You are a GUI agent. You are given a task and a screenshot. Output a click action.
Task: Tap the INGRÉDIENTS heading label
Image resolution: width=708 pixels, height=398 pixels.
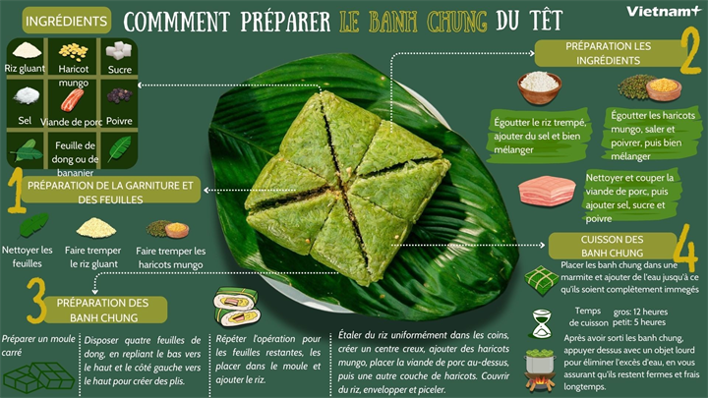point(67,21)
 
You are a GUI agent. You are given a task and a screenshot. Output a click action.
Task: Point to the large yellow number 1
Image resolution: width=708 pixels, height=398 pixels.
point(15,191)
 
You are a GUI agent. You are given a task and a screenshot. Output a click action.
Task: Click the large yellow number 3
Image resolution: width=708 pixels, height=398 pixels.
point(35,301)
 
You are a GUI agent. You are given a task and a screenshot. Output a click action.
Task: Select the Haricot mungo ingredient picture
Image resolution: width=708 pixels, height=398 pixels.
point(73,51)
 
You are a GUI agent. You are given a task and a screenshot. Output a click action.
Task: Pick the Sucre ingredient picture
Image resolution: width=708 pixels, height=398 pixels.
point(119,50)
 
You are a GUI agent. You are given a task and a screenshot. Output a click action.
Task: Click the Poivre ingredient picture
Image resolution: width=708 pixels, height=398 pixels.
point(119,97)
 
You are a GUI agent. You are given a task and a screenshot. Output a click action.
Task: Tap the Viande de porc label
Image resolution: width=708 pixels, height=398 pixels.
point(73,121)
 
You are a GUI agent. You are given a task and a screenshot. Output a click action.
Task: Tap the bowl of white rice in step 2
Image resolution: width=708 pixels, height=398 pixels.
point(539,86)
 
